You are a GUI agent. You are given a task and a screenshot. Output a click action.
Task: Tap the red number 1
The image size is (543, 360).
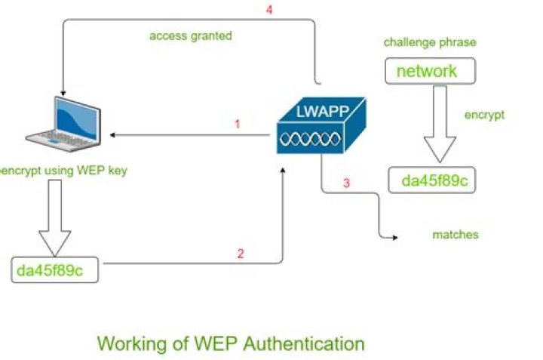[x=237, y=124]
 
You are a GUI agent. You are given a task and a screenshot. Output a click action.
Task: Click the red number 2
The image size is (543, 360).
[x=241, y=254]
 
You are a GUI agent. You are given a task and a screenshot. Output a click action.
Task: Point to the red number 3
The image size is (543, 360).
[x=346, y=183]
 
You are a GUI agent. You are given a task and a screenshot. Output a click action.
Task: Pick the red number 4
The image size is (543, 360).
[x=269, y=11]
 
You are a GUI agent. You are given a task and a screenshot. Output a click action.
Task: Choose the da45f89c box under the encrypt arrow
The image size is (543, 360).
[x=432, y=180]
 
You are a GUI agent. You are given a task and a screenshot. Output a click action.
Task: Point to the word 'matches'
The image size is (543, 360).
[x=455, y=235]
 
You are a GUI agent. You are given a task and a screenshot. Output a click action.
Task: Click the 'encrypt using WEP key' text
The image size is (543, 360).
[x=64, y=171]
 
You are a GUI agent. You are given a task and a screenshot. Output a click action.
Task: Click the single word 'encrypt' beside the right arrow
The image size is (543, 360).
[x=483, y=115]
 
